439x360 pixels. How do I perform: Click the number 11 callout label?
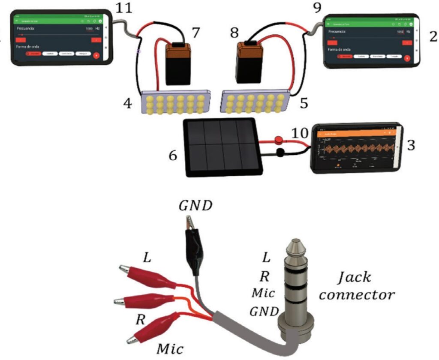coord(123,7)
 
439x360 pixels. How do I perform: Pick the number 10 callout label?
coord(300,133)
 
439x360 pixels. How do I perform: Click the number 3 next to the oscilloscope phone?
coord(411,145)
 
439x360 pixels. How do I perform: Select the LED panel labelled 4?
coord(175,102)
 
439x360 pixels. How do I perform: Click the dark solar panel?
coord(222,147)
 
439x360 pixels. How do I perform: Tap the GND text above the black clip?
coord(195,207)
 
